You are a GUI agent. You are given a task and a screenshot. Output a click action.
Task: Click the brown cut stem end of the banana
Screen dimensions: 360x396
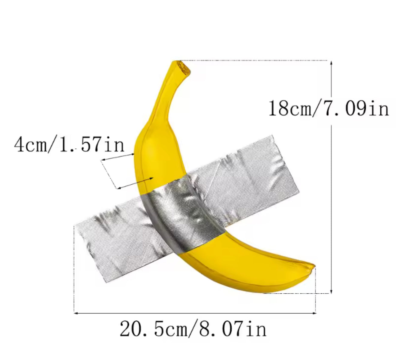(x=184, y=67)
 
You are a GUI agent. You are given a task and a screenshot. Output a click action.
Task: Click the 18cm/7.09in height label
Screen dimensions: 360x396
(x=328, y=108)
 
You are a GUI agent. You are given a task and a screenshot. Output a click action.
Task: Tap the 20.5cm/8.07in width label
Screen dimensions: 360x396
(x=193, y=329)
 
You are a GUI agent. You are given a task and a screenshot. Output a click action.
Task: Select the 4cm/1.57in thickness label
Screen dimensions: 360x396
(x=69, y=144)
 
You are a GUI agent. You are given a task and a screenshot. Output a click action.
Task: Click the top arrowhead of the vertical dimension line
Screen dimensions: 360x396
(x=331, y=63)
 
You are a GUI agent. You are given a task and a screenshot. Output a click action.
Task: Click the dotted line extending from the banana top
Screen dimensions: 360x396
(x=255, y=61)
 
